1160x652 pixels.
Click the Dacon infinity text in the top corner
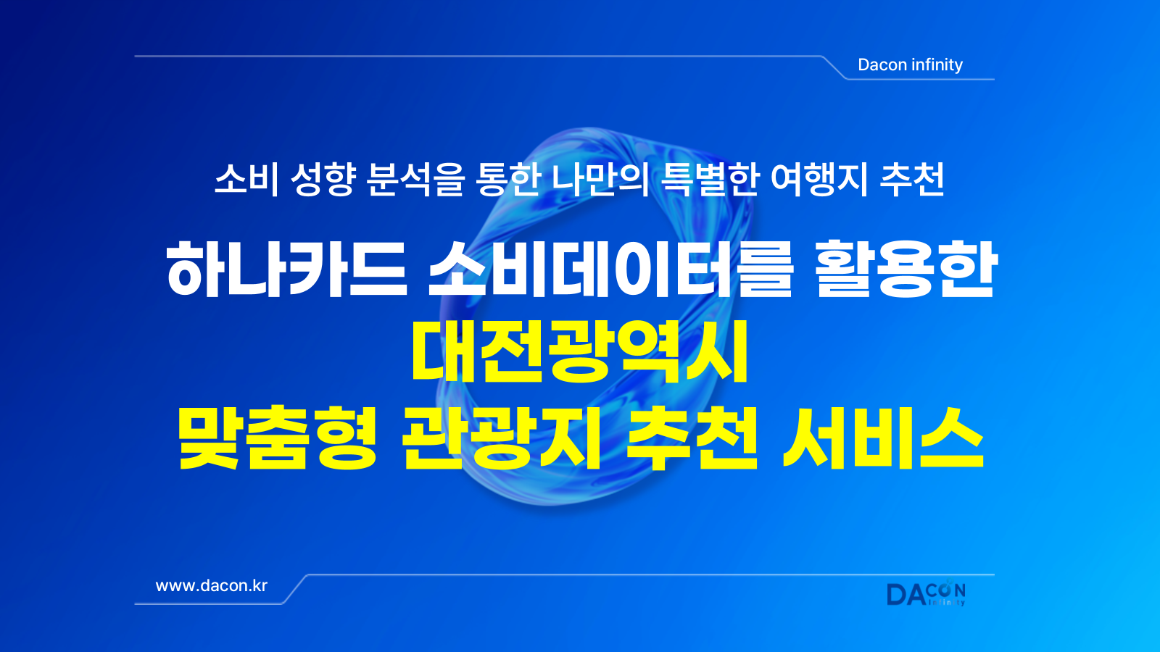[910, 64]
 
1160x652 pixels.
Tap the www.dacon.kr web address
[211, 586]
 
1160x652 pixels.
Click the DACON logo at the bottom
[927, 594]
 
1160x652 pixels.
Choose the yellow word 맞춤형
[277, 438]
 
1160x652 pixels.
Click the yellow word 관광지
[501, 438]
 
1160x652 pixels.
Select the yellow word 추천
[692, 438]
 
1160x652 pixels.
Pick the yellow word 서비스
[884, 438]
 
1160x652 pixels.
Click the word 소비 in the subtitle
[246, 180]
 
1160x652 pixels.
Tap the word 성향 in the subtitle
[323, 180]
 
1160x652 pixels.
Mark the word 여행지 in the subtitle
[819, 180]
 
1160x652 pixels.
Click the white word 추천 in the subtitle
[912, 180]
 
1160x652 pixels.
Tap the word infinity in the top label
[937, 64]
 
